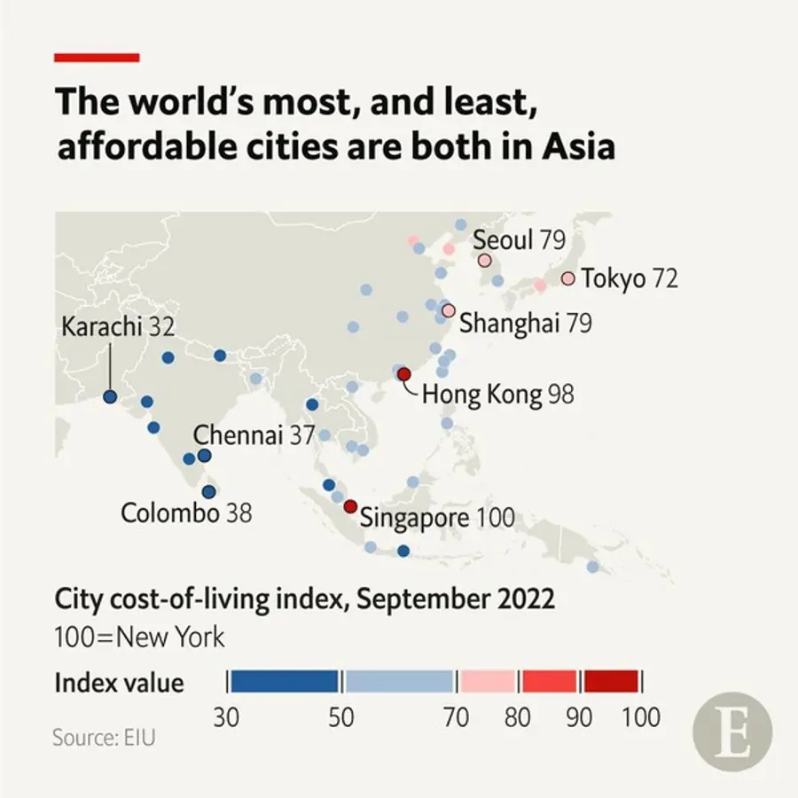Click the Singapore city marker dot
(x=350, y=506)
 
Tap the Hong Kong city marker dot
(x=403, y=374)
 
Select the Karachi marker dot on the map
(x=110, y=397)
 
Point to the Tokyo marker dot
(x=567, y=278)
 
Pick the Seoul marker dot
(x=484, y=261)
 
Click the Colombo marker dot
(x=209, y=492)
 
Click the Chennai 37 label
(x=254, y=435)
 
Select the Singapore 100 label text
(x=436, y=518)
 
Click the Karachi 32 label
(x=117, y=327)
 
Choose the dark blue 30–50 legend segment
(x=284, y=681)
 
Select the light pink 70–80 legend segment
(x=487, y=681)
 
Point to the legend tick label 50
(x=341, y=717)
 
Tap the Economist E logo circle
(x=732, y=732)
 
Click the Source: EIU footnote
(x=104, y=737)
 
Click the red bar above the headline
(x=97, y=58)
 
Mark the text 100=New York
(x=140, y=637)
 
